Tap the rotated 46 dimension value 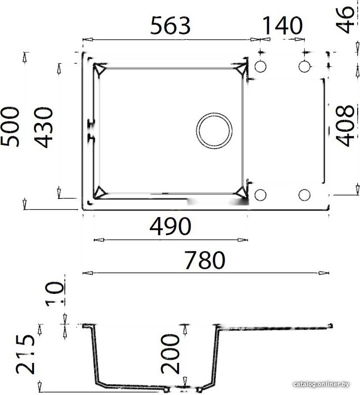346,20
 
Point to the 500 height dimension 10,127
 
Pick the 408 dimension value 346,126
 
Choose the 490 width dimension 170,227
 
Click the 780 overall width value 205,260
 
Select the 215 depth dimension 26,354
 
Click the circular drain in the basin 214,130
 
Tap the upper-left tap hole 261,66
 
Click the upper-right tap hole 304,66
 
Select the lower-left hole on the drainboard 261,195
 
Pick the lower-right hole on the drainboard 304,195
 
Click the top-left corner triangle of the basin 100,69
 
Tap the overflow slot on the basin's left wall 91,130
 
